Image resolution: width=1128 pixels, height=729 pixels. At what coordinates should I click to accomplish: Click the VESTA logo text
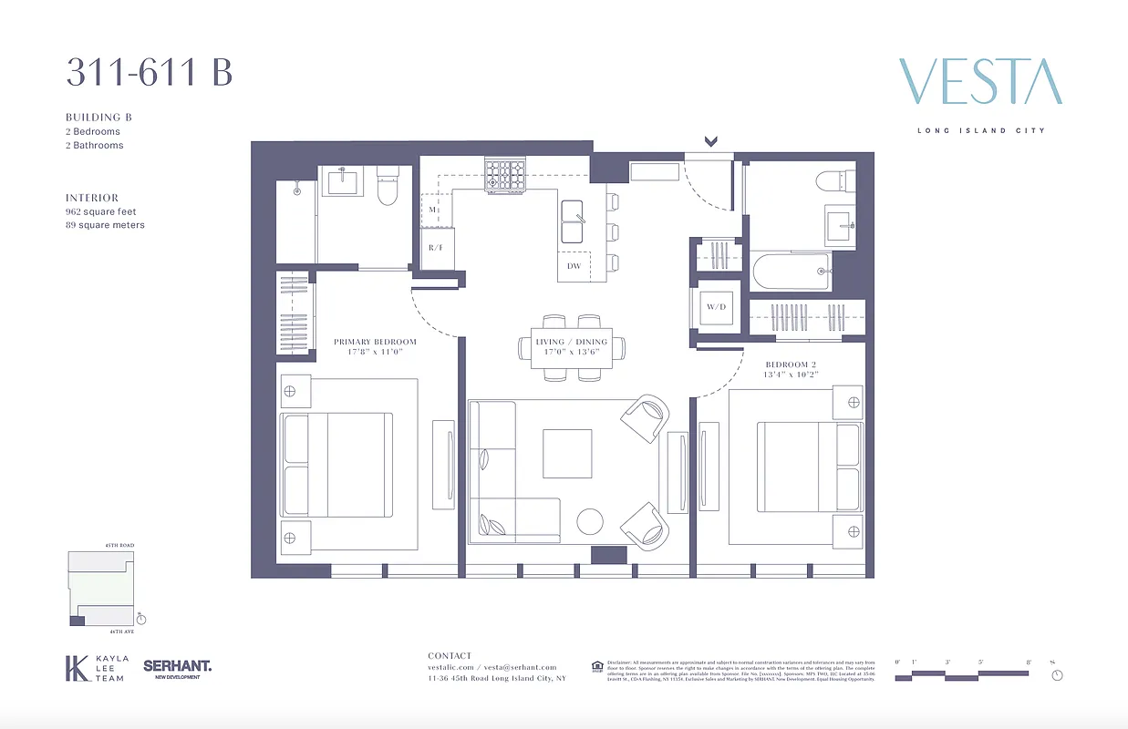[980, 82]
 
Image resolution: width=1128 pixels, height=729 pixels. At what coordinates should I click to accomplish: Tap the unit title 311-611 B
[149, 72]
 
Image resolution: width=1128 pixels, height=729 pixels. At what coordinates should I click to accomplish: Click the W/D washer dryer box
[716, 306]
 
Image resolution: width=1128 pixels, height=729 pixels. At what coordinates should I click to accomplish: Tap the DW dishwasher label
[574, 266]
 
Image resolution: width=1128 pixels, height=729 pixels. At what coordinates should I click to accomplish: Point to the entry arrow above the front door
[710, 141]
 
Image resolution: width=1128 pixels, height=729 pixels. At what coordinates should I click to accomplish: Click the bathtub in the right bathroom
[791, 272]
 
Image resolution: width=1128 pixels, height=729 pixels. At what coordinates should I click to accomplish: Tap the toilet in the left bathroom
[388, 187]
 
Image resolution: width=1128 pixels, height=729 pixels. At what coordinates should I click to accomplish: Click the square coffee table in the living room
[566, 453]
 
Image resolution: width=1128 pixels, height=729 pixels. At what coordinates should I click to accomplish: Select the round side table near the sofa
[590, 521]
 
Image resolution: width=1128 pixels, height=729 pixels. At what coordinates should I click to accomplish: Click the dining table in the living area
[572, 347]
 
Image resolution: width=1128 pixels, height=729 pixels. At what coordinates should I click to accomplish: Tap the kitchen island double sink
[573, 221]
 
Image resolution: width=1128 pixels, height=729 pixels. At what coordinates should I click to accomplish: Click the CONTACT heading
[450, 655]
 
